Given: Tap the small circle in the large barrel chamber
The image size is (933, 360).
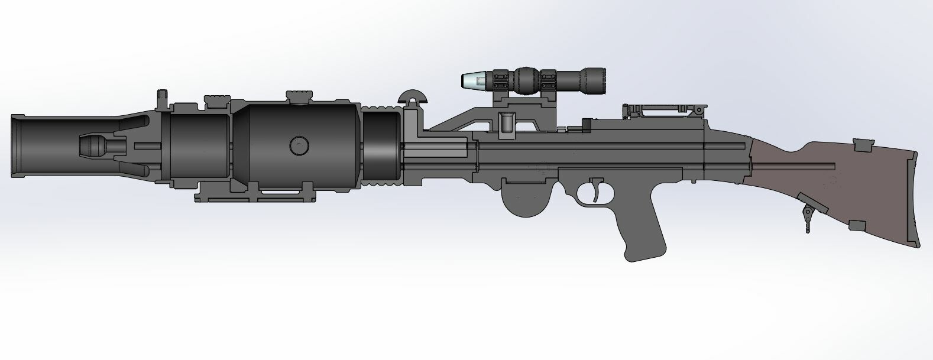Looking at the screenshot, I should click(x=299, y=145).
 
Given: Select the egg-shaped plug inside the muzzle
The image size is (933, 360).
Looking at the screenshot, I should click(x=93, y=145).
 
